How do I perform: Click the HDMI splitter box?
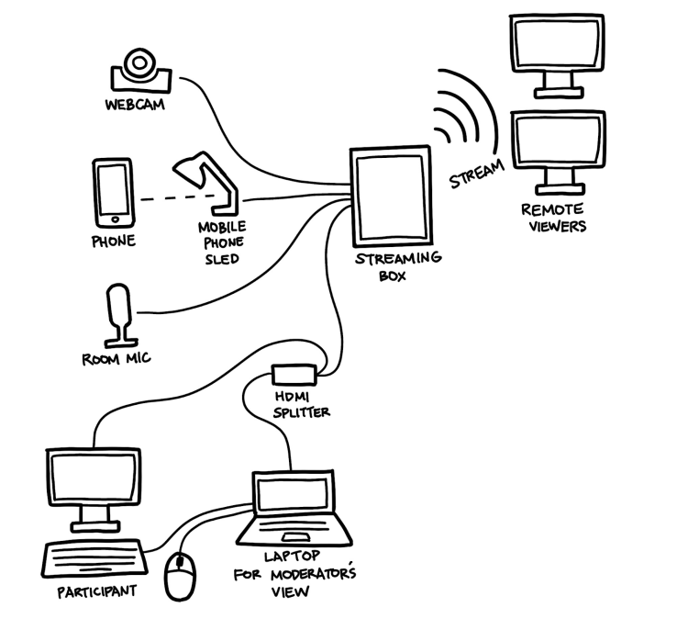(x=294, y=375)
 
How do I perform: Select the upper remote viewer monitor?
(x=555, y=49)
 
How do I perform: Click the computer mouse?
(x=180, y=578)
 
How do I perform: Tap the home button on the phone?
(x=114, y=219)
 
